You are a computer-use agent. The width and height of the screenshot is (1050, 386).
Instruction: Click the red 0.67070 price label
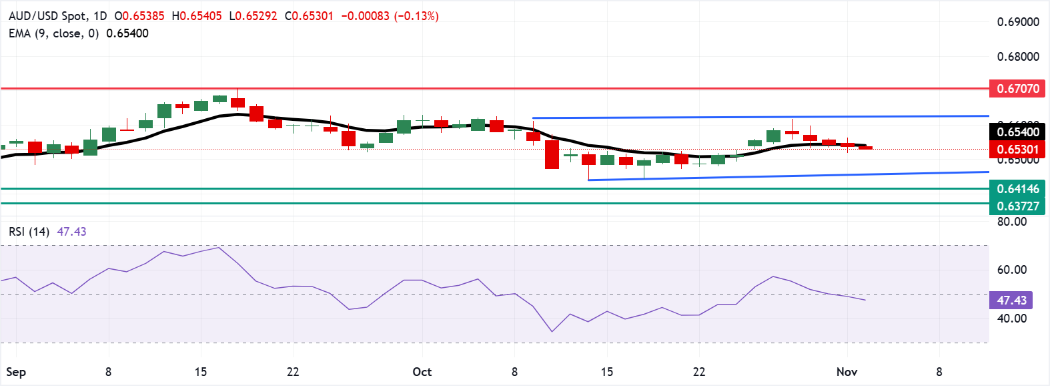[x=1017, y=89]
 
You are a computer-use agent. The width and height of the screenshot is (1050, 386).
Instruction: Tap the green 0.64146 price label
[x=1017, y=189]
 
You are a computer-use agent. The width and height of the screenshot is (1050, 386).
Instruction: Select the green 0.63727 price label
[x=1017, y=206]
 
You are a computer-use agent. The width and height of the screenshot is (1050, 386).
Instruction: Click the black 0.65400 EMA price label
[x=1017, y=132]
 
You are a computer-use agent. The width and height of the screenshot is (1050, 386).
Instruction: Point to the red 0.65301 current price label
[x=1017, y=150]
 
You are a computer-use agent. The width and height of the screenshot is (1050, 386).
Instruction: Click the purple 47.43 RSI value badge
[x=1011, y=301]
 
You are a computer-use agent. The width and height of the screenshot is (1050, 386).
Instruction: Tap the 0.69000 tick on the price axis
[x=1017, y=22]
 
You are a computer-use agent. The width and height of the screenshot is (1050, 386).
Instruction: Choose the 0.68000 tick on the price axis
[x=1017, y=57]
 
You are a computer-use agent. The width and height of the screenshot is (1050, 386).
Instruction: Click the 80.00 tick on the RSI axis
[x=1011, y=222]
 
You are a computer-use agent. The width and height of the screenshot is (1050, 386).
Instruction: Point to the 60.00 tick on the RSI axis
[x=1011, y=270]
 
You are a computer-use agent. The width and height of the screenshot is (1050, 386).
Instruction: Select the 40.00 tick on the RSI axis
[x=1011, y=319]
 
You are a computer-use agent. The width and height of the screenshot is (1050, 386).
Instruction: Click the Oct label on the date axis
[x=422, y=372]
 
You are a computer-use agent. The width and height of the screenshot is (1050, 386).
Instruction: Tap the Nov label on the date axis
[x=847, y=372]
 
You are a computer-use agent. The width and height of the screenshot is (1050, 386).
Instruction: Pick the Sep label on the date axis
[x=16, y=372]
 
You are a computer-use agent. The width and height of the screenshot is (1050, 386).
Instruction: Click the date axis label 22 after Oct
[x=699, y=372]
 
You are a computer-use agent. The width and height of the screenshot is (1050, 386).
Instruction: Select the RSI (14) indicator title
[x=29, y=232]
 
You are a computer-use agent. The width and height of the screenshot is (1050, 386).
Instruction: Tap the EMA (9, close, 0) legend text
[x=53, y=33]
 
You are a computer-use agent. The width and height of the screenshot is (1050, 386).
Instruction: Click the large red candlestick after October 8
[x=552, y=154]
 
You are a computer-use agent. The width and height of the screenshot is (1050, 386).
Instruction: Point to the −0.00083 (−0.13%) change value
[x=390, y=16]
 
